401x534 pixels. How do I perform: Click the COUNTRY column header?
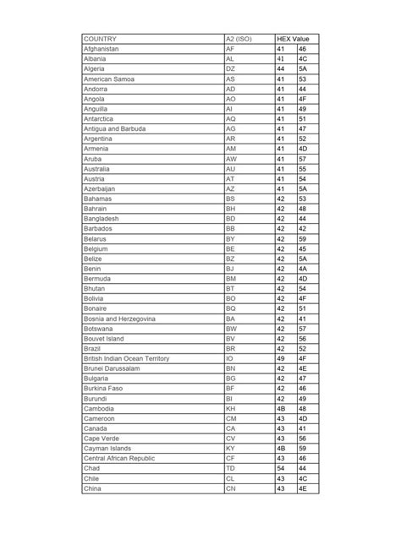100,39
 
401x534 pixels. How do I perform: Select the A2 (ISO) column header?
239,39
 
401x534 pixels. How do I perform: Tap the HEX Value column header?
294,39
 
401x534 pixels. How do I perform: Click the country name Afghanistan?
102,50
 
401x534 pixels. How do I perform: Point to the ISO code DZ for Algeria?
231,69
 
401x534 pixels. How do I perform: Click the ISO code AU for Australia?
231,168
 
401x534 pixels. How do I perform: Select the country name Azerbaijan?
99,188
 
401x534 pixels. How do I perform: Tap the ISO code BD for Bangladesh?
231,218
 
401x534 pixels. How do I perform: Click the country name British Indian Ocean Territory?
126,358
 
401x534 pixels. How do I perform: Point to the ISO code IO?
229,358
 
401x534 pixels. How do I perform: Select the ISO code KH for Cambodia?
231,408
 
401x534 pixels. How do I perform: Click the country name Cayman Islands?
107,448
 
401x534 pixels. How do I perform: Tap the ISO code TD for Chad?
231,468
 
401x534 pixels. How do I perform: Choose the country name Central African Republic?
119,458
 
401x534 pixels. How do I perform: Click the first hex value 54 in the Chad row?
281,468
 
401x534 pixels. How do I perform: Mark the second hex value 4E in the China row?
303,488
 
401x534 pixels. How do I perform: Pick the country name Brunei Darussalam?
111,368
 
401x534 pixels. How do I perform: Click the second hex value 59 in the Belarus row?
303,238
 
